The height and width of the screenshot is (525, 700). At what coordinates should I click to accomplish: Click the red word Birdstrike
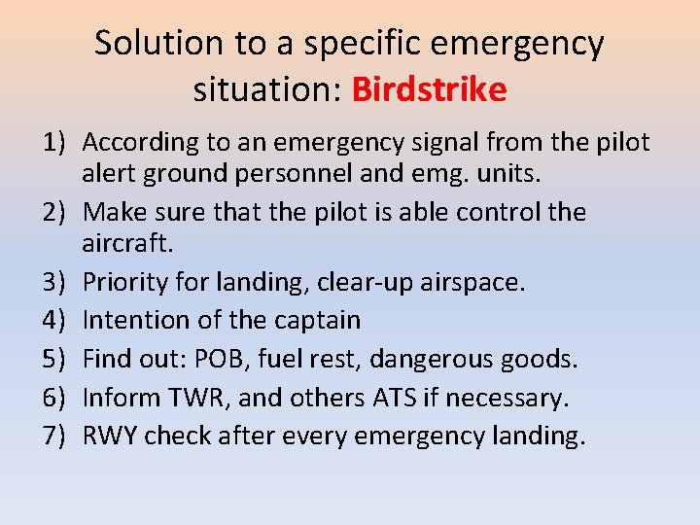point(429,89)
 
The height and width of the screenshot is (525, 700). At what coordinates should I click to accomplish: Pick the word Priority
point(125,282)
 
